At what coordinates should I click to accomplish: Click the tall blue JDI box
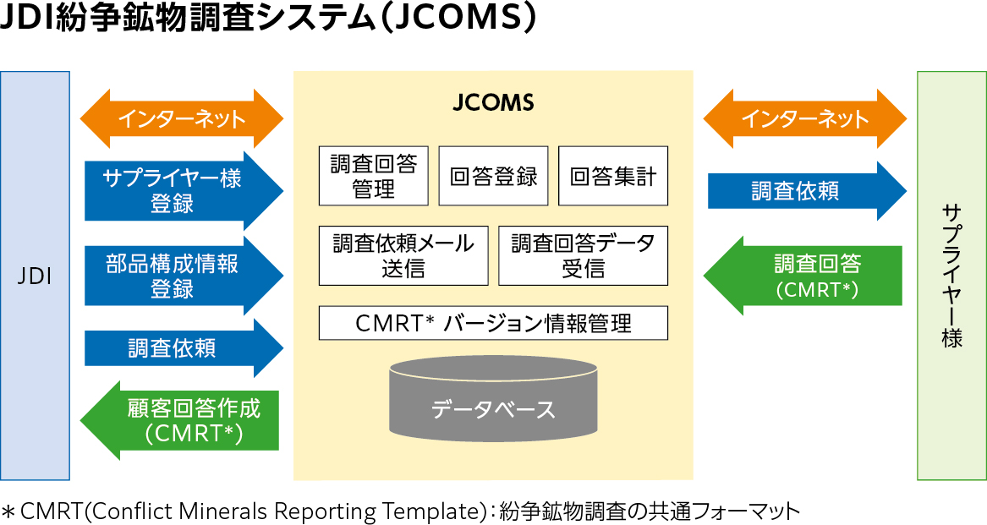coord(35,276)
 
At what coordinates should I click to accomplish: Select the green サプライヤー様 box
coord(951,276)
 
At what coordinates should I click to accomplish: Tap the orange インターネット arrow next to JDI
coord(181,118)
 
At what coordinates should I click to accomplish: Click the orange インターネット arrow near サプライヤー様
coord(804,118)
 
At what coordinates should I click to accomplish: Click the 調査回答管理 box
coord(373,176)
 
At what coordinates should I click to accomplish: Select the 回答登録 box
coord(493,176)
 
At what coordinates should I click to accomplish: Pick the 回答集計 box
coord(612,176)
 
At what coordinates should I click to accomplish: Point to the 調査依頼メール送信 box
coord(403,255)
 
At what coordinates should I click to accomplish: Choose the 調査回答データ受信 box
coord(583,255)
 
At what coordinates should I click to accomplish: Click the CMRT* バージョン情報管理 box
coord(493,323)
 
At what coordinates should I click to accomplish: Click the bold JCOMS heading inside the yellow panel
coord(493,103)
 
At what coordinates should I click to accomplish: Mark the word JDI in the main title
coord(26,19)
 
